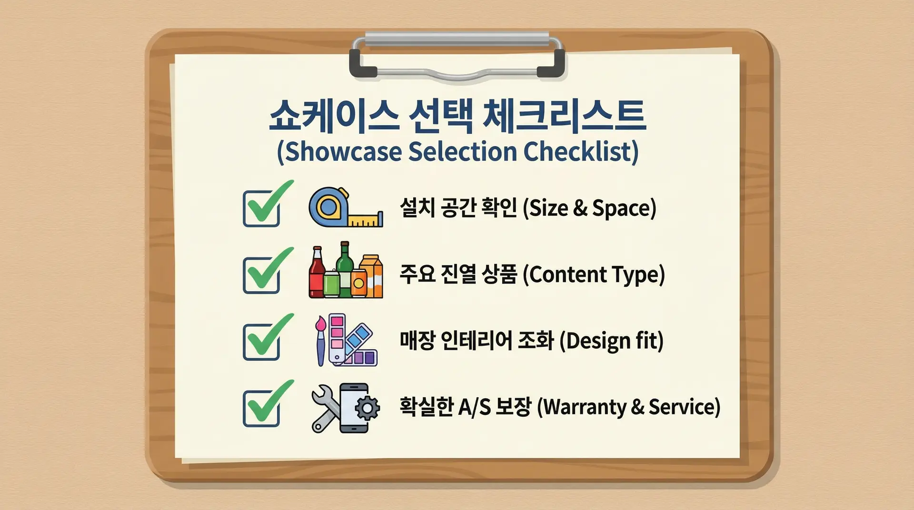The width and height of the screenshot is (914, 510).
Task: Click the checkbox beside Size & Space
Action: (x=261, y=208)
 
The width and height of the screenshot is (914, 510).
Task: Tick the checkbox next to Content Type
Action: (x=261, y=275)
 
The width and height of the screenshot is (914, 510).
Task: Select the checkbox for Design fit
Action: (x=261, y=342)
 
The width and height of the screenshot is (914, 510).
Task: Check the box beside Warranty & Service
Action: (x=261, y=408)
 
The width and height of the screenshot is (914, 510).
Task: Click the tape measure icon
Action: (x=346, y=207)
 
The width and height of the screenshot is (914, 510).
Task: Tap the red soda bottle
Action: (x=317, y=273)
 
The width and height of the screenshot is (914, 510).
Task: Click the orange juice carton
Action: (x=371, y=276)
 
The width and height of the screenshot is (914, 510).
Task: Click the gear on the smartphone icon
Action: (x=367, y=408)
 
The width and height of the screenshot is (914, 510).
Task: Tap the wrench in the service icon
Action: (x=326, y=408)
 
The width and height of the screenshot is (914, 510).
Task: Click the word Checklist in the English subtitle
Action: (x=581, y=151)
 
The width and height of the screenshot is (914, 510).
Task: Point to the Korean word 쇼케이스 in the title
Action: (x=334, y=116)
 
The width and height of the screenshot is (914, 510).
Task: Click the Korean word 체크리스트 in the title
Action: (x=564, y=116)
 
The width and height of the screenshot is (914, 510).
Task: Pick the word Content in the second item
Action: (x=565, y=275)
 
